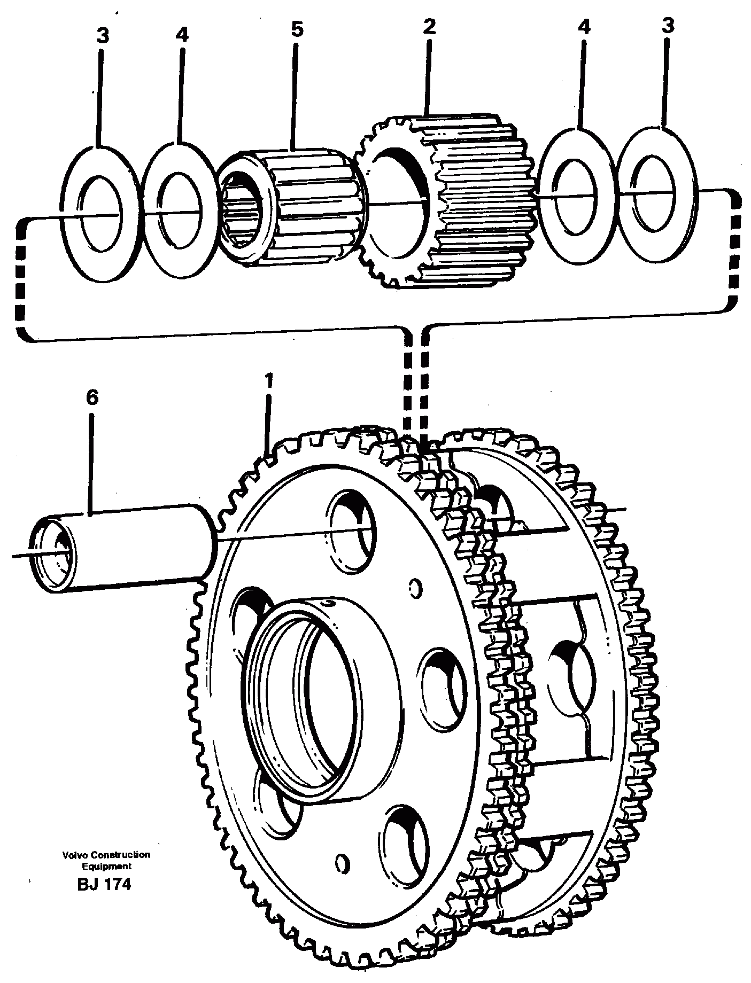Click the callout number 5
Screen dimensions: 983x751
pyautogui.click(x=297, y=30)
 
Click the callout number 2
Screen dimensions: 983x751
pyautogui.click(x=429, y=27)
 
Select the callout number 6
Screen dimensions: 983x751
pyautogui.click(x=92, y=398)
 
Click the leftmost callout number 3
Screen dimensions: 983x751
pyautogui.click(x=102, y=36)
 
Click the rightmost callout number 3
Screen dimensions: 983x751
pyautogui.click(x=668, y=26)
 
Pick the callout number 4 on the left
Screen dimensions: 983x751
pyautogui.click(x=182, y=35)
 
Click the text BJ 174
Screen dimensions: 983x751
pyautogui.click(x=104, y=884)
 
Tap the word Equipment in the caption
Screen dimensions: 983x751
pyautogui.click(x=105, y=867)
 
